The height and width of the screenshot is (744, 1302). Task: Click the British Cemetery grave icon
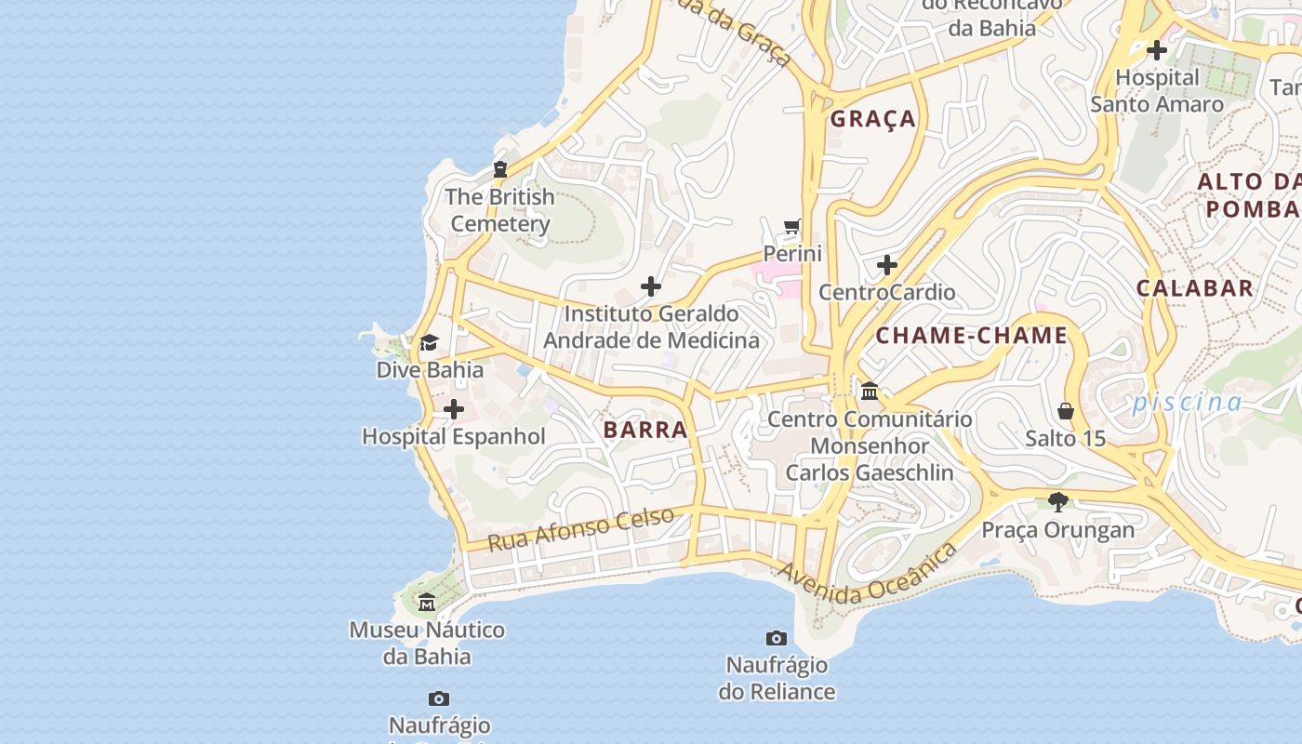tap(500, 169)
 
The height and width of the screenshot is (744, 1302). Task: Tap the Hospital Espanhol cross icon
tap(454, 409)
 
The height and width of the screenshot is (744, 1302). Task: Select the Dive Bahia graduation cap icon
tap(429, 343)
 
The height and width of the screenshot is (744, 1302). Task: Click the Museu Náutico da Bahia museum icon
tap(427, 603)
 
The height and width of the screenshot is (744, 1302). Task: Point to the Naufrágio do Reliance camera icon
tap(777, 638)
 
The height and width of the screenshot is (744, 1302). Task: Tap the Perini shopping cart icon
tap(792, 226)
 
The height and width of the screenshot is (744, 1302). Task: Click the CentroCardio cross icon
tap(887, 265)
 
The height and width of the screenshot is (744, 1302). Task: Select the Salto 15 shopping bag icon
tap(1066, 410)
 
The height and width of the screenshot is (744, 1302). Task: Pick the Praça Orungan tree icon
tap(1057, 502)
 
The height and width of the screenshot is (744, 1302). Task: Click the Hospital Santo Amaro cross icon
tap(1157, 50)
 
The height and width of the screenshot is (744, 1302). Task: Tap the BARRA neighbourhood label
tap(645, 430)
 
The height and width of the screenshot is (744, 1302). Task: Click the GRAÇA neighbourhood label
tap(873, 119)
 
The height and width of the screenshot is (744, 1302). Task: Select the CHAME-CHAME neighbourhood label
tap(972, 336)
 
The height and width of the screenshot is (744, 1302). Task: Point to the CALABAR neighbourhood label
tap(1195, 288)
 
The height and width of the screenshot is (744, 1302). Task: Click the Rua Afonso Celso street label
tap(581, 528)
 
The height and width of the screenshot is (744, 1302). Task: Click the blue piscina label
tap(1187, 402)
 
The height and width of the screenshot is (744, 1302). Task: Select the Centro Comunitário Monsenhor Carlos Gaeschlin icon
tap(870, 391)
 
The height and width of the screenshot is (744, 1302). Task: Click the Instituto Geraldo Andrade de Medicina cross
tap(651, 286)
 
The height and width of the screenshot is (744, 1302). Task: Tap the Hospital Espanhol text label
tap(454, 436)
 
